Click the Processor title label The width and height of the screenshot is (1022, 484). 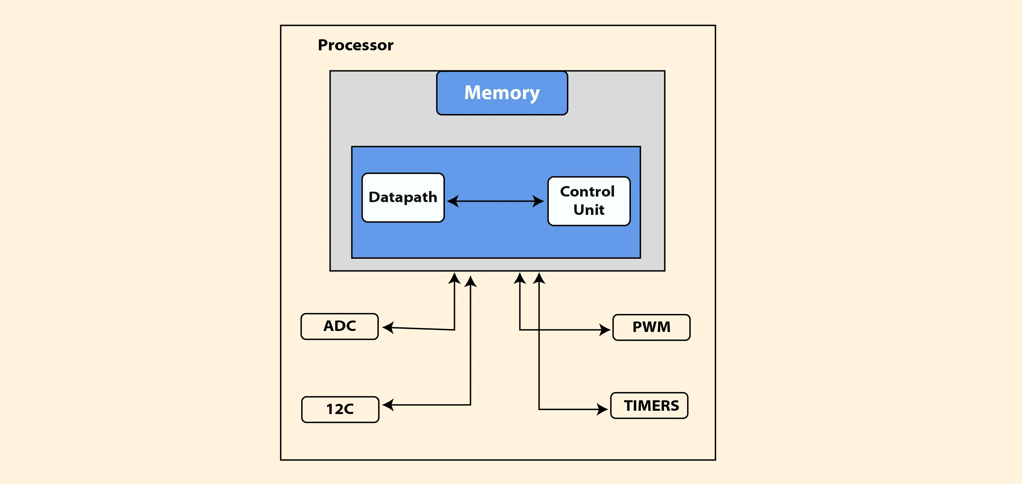click(x=355, y=45)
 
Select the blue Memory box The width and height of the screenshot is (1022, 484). click(x=502, y=93)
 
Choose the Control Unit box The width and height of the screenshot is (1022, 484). click(x=589, y=201)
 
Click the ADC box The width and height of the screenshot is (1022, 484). click(x=339, y=326)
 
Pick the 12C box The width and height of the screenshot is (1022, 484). click(x=340, y=409)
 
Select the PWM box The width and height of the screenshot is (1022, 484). click(x=651, y=327)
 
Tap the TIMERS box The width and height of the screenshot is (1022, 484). click(x=649, y=406)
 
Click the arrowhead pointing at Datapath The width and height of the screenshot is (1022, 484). click(x=453, y=201)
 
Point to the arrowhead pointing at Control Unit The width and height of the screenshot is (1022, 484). click(x=538, y=201)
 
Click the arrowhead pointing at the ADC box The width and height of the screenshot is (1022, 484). click(x=388, y=327)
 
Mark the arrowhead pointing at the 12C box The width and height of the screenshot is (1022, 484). click(x=388, y=405)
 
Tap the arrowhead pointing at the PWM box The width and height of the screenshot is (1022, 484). click(x=605, y=330)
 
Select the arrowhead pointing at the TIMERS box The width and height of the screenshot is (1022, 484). click(x=602, y=409)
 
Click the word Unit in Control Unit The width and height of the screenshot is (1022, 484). click(x=589, y=210)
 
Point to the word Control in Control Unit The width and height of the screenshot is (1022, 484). click(x=587, y=192)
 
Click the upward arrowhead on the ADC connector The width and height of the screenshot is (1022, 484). click(x=454, y=278)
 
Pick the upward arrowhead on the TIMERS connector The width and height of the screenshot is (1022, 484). click(x=539, y=278)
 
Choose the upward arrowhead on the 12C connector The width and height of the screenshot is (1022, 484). click(x=471, y=281)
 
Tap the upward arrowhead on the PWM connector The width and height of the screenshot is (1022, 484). click(x=520, y=278)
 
